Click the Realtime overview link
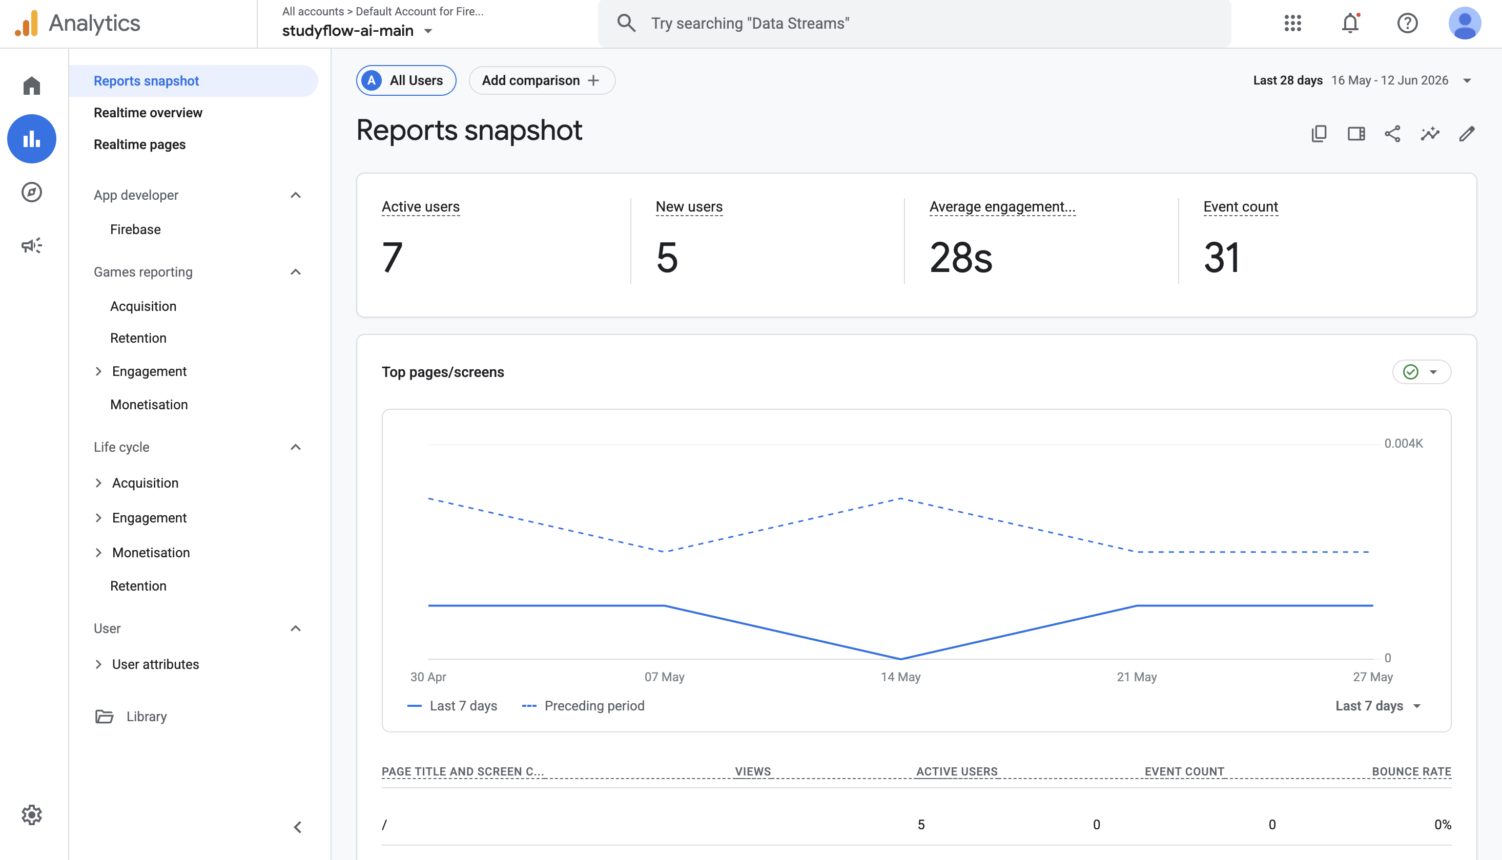(x=148, y=112)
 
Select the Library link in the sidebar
(x=147, y=717)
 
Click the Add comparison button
(x=541, y=80)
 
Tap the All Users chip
(x=406, y=80)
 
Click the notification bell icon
(x=1350, y=23)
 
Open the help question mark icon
(x=1408, y=23)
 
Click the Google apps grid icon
(x=1293, y=23)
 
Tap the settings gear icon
(x=31, y=814)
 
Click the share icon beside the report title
(x=1393, y=134)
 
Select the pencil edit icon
(x=1467, y=134)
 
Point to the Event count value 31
(x=1221, y=258)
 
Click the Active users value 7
(x=393, y=258)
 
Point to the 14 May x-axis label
(x=900, y=677)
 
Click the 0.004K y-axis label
(x=1403, y=443)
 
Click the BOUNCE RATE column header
(x=1412, y=771)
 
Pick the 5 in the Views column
(x=921, y=825)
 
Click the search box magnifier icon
(x=626, y=23)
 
